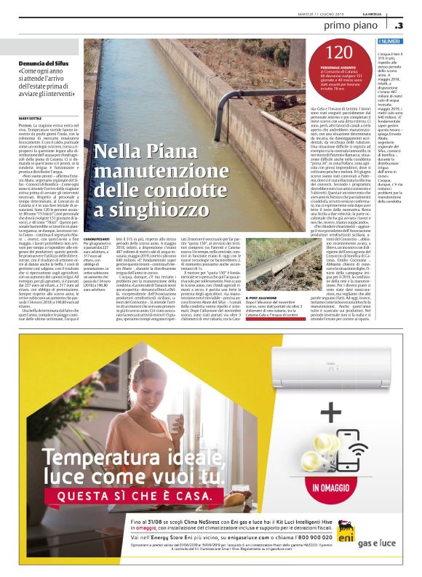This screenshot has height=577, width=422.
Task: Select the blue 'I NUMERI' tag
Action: [x=391, y=43]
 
